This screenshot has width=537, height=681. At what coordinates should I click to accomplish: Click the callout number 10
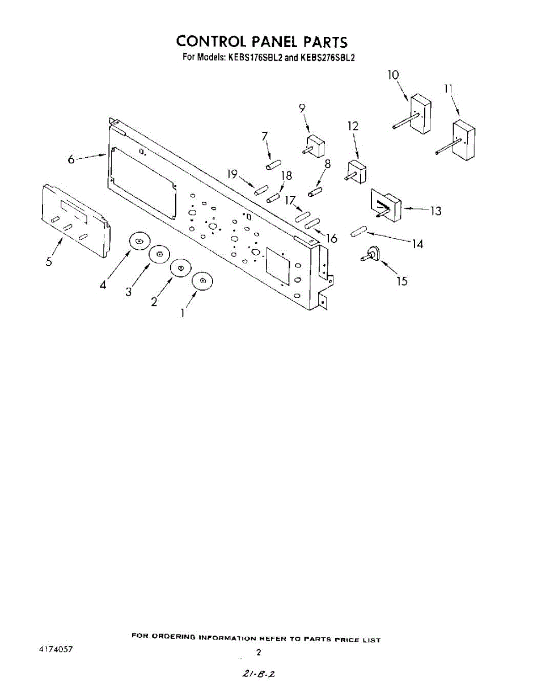coord(393,75)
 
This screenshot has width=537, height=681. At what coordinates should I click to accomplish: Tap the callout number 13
coord(435,211)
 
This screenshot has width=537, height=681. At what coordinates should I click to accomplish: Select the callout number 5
coord(49,262)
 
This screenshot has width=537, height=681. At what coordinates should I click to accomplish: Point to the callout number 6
coord(71,159)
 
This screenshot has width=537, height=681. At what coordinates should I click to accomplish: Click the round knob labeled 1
coord(202,281)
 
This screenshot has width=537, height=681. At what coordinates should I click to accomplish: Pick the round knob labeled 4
coord(139,242)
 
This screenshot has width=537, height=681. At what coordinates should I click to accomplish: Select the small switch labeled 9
coord(314,145)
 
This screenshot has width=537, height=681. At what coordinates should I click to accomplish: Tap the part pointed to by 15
coord(372,254)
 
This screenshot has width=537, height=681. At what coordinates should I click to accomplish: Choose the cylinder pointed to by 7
coord(271,165)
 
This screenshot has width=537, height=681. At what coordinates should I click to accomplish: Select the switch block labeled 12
coord(356,170)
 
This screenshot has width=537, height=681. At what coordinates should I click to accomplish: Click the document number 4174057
coord(56,649)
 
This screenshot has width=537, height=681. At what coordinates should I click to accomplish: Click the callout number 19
coord(232,174)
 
